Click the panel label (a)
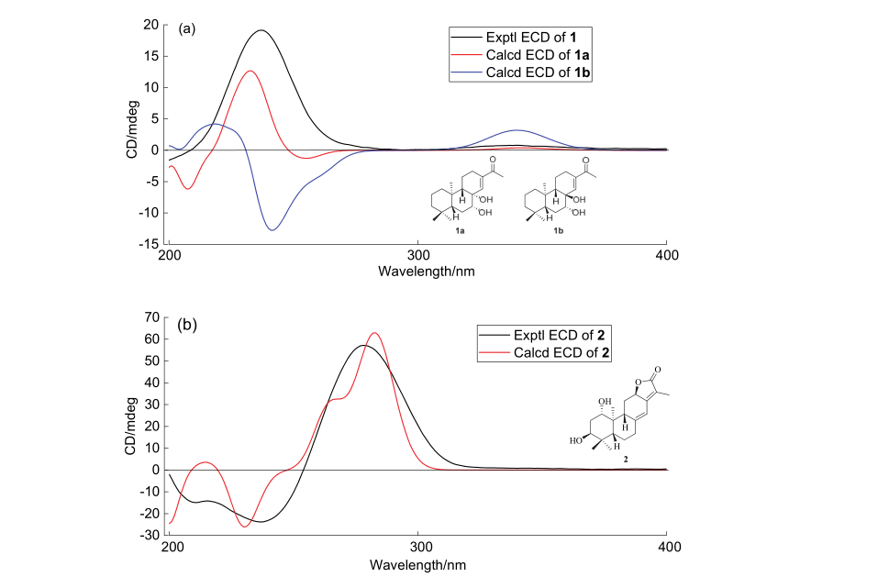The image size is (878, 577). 187,28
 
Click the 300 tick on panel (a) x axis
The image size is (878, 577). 418,254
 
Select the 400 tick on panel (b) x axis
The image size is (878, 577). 666,546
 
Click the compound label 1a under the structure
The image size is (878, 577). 460,230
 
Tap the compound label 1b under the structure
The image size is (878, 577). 557,230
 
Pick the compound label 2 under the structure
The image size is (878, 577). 606,456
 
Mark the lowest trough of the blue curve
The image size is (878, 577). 272,229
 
